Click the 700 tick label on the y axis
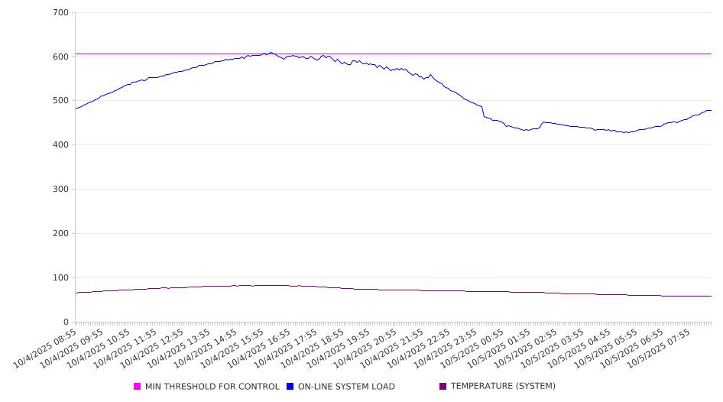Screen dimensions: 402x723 point(60,12)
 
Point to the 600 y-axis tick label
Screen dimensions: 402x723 point(60,57)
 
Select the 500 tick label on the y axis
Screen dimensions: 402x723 point(60,101)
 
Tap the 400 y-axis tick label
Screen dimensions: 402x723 point(60,145)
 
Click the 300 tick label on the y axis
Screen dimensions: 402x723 point(60,190)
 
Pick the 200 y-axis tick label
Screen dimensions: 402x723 point(60,234)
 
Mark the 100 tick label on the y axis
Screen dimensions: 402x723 point(60,278)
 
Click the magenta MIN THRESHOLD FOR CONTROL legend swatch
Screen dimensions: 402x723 point(138,387)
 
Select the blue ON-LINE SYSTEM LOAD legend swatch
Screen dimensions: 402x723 point(290,387)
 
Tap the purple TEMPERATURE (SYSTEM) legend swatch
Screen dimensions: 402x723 point(443,387)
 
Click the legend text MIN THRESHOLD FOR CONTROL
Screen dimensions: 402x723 point(212,387)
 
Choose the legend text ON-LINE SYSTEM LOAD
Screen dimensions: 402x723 point(346,387)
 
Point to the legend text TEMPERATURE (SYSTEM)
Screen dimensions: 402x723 point(503,387)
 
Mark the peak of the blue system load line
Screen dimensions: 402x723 point(271,53)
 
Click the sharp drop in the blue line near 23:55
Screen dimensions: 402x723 point(483,112)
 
